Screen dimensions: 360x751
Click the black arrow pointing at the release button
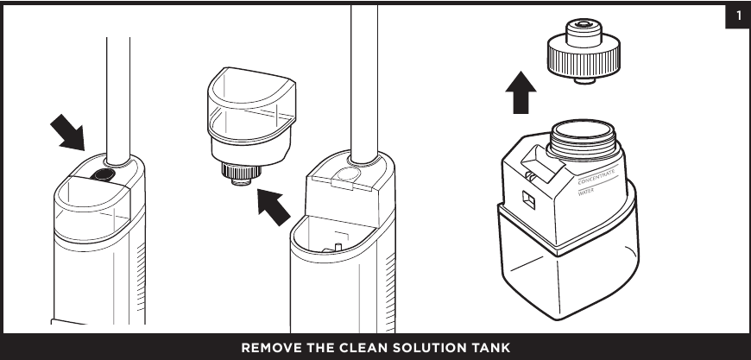click(x=67, y=133)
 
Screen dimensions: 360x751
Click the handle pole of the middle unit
click(x=363, y=78)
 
